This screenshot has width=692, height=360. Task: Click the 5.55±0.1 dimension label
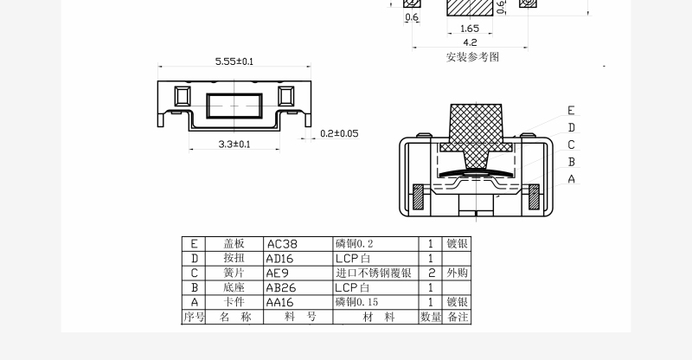(x=234, y=61)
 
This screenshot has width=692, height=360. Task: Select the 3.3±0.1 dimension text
(x=234, y=144)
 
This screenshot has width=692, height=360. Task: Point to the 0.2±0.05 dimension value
(x=339, y=133)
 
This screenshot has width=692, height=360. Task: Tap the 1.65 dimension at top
(x=470, y=29)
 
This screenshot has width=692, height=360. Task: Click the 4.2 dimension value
(x=470, y=42)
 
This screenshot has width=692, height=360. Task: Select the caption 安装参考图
(x=472, y=57)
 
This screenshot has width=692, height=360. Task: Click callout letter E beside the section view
(x=571, y=110)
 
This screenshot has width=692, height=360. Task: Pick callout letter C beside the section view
(x=571, y=145)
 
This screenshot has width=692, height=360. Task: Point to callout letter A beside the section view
(x=571, y=179)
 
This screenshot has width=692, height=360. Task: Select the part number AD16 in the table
(x=281, y=258)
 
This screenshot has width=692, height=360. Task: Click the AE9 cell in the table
(x=278, y=273)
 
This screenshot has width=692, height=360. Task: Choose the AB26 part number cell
(x=281, y=287)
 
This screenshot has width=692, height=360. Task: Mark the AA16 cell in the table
(x=281, y=302)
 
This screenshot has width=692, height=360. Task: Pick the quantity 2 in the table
(x=431, y=273)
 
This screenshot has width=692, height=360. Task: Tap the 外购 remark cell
(x=457, y=273)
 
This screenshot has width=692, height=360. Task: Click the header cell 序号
(x=193, y=317)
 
